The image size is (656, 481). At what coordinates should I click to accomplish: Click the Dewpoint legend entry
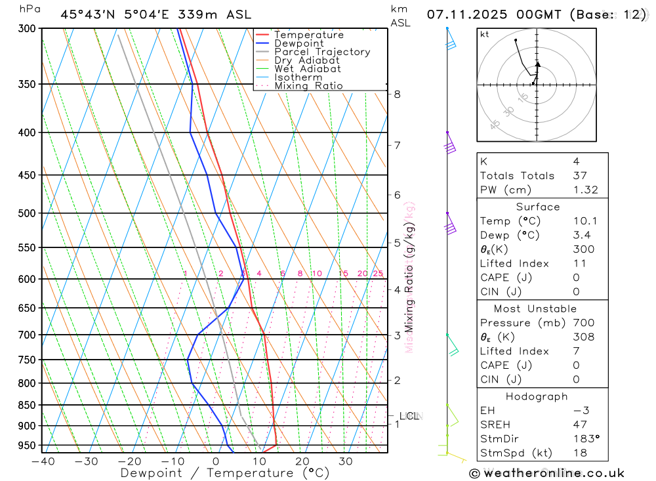[x=298, y=43]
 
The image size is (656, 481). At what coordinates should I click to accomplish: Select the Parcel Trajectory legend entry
[x=322, y=52]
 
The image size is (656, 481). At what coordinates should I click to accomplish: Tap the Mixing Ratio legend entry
[x=308, y=86]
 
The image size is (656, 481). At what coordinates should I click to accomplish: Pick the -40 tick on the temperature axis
[x=43, y=461]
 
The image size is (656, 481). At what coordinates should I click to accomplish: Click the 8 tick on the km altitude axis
[x=398, y=94]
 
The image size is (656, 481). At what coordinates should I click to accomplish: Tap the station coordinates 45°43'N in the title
[x=87, y=14]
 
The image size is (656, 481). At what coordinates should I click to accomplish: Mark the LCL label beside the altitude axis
[x=409, y=415]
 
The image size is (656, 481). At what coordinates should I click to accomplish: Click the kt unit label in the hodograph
[x=485, y=34]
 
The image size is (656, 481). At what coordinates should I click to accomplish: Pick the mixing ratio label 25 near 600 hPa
[x=378, y=274]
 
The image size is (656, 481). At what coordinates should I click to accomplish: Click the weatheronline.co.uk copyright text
[x=546, y=473]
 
